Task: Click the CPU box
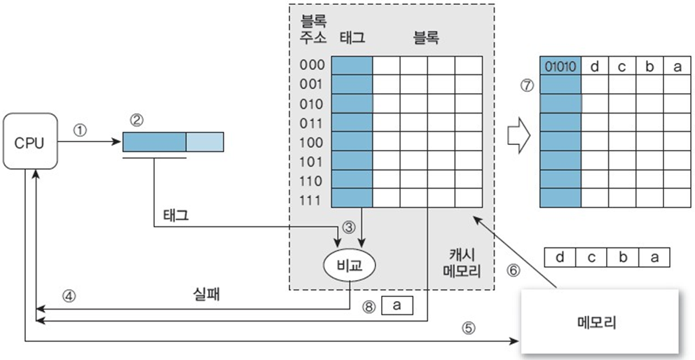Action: click(29, 143)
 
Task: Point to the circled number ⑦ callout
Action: click(527, 85)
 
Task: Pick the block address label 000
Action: click(312, 65)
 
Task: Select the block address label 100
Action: click(312, 143)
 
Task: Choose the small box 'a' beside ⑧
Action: click(397, 305)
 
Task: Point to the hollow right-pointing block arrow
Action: click(517, 134)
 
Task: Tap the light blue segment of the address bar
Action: click(205, 142)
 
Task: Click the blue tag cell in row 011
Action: click(352, 123)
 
